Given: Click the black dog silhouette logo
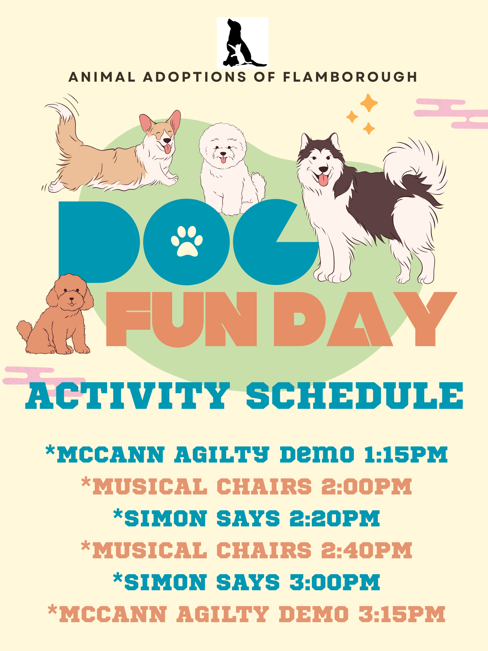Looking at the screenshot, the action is [242, 43].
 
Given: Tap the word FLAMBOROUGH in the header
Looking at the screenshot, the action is [350, 77].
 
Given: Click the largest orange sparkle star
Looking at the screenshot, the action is [369, 103].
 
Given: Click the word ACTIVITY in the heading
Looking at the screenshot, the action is [127, 396].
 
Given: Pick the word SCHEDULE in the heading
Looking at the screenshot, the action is [355, 396].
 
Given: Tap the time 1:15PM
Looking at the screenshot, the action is [406, 455].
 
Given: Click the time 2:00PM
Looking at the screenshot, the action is [367, 487].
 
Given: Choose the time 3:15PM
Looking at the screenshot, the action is [402, 614].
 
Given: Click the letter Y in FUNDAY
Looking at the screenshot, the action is [425, 319].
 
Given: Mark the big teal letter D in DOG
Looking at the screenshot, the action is [99, 242].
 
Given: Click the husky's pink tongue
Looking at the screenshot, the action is [323, 179].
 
